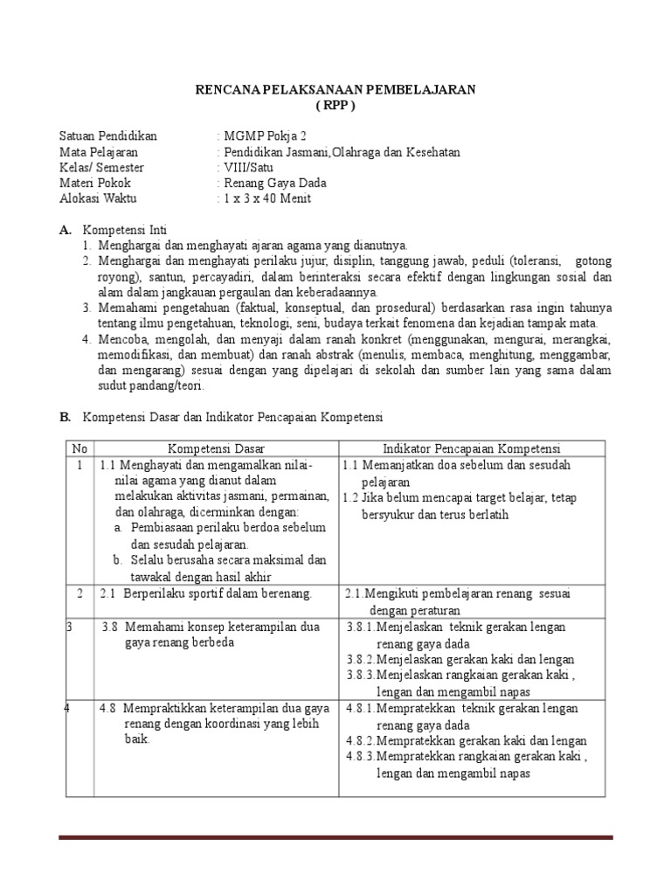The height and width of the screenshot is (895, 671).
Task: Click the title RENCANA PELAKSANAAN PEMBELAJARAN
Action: point(335,89)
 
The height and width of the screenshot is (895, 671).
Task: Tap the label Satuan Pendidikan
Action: point(107,136)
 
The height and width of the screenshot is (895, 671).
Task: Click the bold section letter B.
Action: point(65,417)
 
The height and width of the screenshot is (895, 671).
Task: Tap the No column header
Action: point(80,448)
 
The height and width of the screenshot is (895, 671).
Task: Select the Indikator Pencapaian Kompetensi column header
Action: point(472,448)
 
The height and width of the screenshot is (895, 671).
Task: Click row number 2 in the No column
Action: point(80,593)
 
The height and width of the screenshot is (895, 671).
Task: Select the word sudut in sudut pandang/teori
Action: point(112,385)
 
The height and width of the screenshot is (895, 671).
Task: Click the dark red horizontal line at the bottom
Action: point(335,837)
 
